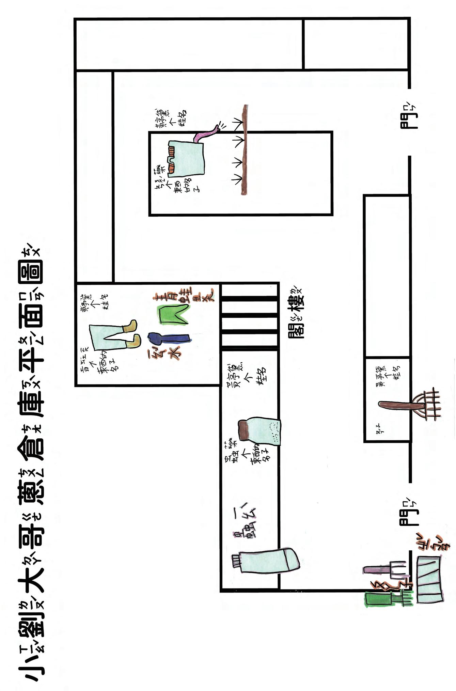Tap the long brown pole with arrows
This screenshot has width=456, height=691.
tap(244, 150)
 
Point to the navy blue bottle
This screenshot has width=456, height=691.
tap(168, 339)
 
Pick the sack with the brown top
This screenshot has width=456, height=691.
tap(260, 430)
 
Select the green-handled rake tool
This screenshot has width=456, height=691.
tap(388, 598)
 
